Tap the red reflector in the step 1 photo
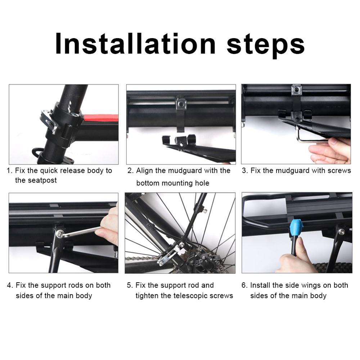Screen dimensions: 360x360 (101, 118)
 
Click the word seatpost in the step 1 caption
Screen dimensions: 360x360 (36, 180)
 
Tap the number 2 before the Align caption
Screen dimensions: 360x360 (130, 171)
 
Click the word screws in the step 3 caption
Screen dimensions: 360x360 (339, 171)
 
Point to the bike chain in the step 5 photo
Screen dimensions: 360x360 (140, 258)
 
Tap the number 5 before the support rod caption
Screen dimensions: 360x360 (130, 285)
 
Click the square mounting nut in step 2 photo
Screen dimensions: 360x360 (181, 104)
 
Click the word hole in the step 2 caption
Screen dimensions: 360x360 (202, 183)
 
